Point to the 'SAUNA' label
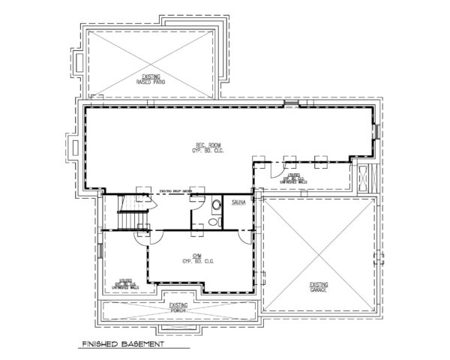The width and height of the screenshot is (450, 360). click(240, 203)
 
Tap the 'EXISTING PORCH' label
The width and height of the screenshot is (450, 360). click(178, 307)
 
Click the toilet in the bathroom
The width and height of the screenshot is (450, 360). click(216, 204)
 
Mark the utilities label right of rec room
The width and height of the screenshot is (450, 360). click(293, 178)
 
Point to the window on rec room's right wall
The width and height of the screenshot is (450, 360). click(376, 132)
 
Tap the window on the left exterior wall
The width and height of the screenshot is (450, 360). click(101, 251)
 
